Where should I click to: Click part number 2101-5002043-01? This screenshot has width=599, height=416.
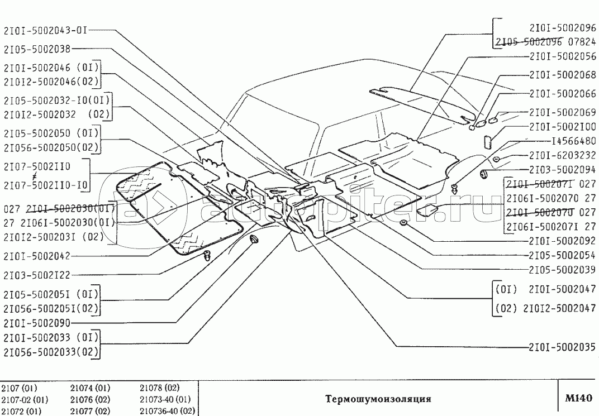(46, 31)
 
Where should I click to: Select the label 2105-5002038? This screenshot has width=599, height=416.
(37, 49)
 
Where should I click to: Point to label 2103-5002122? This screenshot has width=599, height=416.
(37, 275)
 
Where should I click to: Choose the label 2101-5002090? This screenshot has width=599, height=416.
(37, 323)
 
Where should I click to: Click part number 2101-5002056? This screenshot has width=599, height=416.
(563, 57)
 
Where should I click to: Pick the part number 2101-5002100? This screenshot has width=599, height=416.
(563, 127)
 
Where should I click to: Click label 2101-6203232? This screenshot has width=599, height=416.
(563, 156)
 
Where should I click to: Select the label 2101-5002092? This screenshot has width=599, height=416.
(563, 242)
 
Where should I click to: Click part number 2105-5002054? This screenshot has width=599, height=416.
(563, 255)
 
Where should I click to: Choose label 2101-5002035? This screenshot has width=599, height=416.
(563, 346)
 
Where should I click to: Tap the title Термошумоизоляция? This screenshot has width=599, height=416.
(378, 399)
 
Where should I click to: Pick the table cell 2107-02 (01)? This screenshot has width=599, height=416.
(25, 399)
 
